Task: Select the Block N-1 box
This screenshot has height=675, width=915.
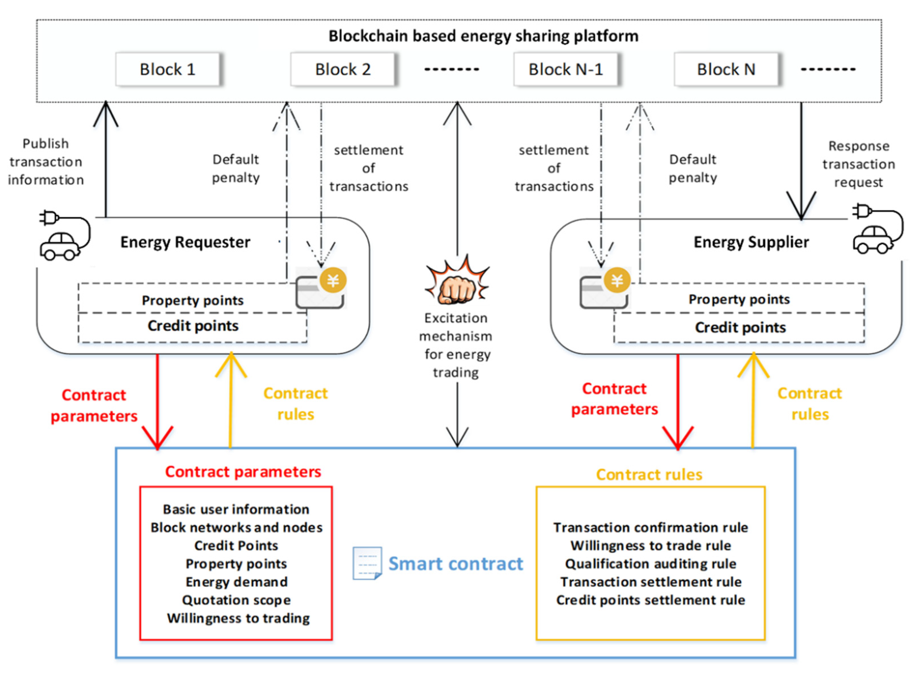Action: pos(565,70)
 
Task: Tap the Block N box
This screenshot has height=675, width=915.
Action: pos(726,70)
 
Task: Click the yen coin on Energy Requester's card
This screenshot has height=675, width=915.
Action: pos(333,281)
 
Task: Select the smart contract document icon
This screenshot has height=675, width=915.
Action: pos(367,563)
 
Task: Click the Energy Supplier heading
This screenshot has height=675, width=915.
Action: pos(751,242)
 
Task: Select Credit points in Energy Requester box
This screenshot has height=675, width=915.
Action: pos(193,326)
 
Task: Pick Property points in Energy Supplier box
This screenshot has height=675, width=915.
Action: pos(739,300)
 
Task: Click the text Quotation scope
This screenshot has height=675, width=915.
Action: pos(236,600)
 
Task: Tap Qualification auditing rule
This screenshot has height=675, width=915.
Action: pos(650,564)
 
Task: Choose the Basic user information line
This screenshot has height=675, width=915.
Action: pos(236,510)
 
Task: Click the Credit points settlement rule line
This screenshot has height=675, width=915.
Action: pos(650,600)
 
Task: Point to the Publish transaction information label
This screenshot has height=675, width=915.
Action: pos(46,162)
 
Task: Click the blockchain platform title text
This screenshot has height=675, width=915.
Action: pos(483,36)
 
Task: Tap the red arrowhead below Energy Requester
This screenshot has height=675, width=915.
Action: pos(158,439)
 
